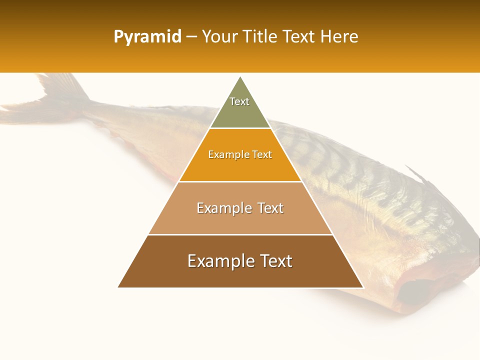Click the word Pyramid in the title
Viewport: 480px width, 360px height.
pyautogui.click(x=147, y=37)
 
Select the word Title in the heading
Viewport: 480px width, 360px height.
pyautogui.click(x=260, y=36)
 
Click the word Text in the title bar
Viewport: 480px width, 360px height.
pyautogui.click(x=299, y=36)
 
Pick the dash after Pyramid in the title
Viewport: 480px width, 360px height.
pyautogui.click(x=191, y=37)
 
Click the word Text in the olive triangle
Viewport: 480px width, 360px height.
pyautogui.click(x=239, y=101)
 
